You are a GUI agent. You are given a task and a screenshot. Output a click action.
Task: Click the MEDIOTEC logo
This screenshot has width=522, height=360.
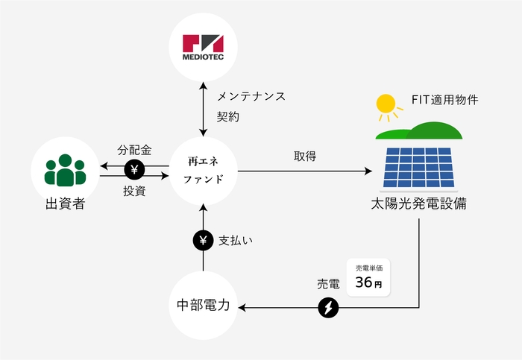[203, 46]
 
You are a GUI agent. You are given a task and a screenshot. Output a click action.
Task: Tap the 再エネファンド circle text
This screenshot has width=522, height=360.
[203, 170]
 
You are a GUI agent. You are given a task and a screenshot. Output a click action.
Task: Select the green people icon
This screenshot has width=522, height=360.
[65, 170]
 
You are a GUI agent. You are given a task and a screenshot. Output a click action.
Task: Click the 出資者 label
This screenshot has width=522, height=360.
[65, 203]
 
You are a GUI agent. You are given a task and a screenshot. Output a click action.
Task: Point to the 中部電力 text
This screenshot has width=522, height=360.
[203, 306]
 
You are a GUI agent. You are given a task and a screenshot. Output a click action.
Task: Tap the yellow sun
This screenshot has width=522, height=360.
[386, 104]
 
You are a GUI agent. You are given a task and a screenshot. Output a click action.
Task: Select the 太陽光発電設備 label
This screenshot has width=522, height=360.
[418, 203]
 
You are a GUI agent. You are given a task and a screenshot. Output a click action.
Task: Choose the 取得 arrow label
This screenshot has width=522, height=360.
[305, 157]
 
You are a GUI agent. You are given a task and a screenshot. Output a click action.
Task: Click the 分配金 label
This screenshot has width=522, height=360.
[135, 150]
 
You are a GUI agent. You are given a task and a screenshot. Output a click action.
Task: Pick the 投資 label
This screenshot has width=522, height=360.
[134, 191]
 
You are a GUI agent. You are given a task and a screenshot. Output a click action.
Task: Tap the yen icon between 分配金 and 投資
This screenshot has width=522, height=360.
[135, 170]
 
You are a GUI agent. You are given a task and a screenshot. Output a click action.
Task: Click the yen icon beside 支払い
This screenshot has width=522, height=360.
[203, 241]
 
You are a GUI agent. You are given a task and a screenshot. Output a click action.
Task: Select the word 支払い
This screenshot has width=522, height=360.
[236, 241]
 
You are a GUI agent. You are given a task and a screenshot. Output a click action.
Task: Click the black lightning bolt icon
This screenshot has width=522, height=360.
[328, 306]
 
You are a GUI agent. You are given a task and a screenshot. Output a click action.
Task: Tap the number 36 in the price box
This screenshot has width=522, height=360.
[363, 282]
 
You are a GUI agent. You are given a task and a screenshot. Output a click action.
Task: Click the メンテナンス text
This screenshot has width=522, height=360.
[251, 97]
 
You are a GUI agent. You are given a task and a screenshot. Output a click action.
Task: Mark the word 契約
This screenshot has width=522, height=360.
[228, 117]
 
